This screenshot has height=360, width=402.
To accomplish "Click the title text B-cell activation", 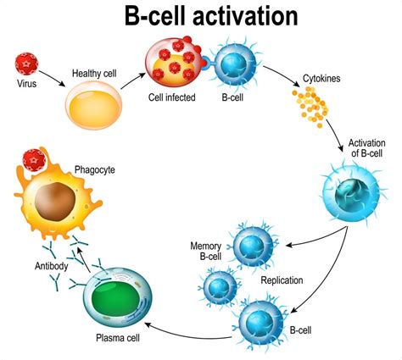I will [x=201, y=17].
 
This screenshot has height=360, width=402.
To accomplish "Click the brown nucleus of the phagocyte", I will [x=52, y=202].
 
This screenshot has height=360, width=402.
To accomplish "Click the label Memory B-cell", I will [x=207, y=250].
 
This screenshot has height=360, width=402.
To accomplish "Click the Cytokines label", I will [x=323, y=79].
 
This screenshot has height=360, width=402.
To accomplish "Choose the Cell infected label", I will [x=173, y=97].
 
